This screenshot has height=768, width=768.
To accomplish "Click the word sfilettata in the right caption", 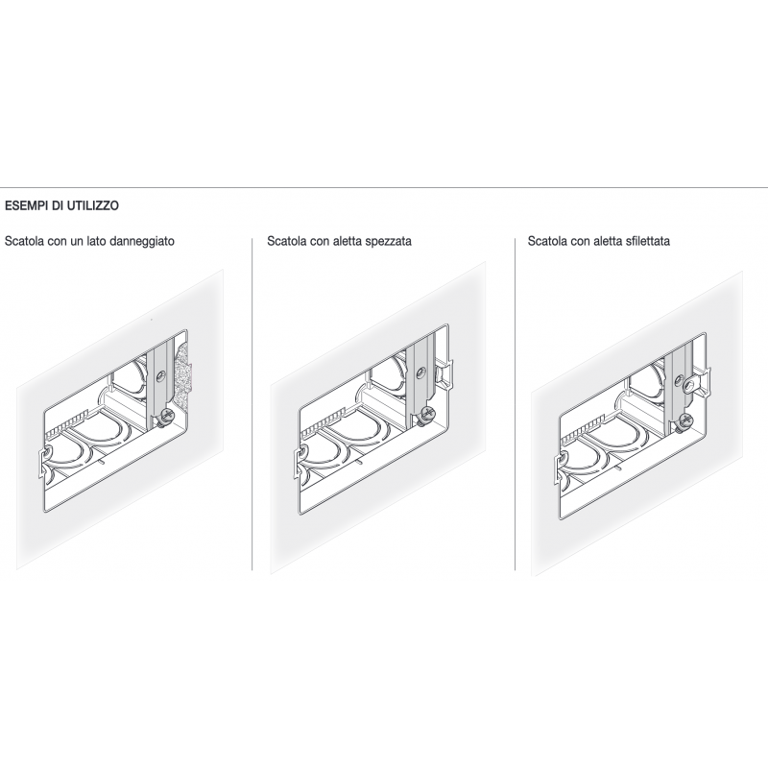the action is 647,241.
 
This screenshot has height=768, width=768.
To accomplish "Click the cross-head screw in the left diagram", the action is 166,416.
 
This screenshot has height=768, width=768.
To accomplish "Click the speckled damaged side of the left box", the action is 182,374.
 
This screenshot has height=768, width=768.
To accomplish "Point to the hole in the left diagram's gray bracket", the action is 160,377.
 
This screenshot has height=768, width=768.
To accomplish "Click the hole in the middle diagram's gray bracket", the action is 420,373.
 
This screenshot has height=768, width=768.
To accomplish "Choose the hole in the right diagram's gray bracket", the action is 680,378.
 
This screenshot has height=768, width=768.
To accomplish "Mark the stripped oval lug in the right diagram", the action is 691,385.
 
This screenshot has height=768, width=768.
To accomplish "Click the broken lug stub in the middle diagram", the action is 443,374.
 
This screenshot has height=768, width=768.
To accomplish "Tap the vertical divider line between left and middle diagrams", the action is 252,404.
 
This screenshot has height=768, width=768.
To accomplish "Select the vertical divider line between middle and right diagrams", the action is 516,404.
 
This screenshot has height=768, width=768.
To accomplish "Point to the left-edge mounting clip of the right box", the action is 559,468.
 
